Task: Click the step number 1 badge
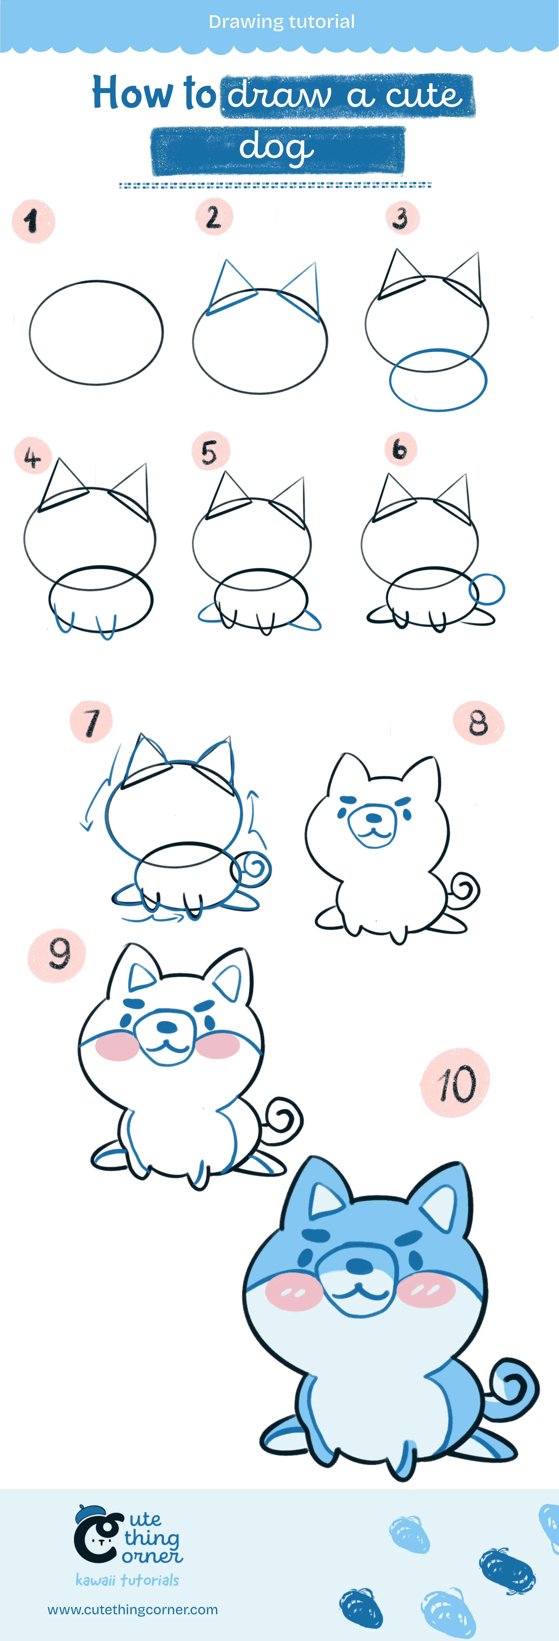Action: [x=33, y=221]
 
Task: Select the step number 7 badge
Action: [x=91, y=722]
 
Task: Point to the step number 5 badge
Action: [x=210, y=452]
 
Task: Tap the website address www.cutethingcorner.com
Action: [x=133, y=1610]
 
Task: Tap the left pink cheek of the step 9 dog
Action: [x=117, y=1047]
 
